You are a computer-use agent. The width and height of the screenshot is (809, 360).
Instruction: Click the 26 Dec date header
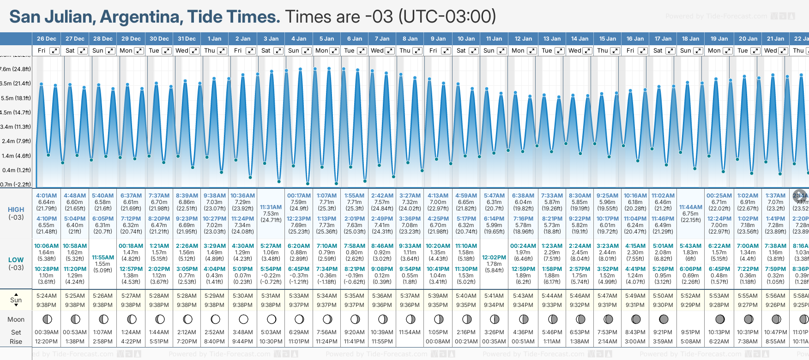(x=46, y=39)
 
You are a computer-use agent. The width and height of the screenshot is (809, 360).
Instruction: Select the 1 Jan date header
(x=214, y=39)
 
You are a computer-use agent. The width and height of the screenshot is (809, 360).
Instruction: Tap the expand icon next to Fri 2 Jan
(x=251, y=51)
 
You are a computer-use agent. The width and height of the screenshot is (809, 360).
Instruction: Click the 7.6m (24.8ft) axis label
(x=16, y=69)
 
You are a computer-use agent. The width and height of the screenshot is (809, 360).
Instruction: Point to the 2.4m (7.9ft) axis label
(x=16, y=141)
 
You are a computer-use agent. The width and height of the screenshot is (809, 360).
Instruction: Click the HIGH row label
(x=16, y=210)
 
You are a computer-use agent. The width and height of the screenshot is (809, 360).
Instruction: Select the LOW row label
(x=16, y=260)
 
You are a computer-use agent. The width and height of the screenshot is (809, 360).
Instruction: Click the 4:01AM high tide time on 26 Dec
(x=46, y=196)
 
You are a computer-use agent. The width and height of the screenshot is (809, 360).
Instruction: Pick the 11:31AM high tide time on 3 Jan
(x=271, y=207)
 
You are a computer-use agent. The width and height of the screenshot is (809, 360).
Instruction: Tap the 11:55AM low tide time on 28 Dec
(x=103, y=258)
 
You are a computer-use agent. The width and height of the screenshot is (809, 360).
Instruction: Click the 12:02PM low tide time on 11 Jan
(x=494, y=258)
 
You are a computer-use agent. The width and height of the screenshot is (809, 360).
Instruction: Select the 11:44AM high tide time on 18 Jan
(x=690, y=207)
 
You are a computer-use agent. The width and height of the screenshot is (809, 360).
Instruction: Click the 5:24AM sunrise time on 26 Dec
(x=46, y=296)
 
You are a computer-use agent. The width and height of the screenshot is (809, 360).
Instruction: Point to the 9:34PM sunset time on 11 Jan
(x=494, y=305)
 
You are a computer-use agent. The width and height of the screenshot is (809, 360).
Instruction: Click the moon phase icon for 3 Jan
(x=271, y=319)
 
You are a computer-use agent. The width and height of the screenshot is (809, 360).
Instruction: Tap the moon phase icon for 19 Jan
(x=719, y=319)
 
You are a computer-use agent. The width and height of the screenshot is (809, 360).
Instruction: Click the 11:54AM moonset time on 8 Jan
(x=410, y=332)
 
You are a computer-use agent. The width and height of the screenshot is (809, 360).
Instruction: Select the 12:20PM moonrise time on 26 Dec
(x=46, y=342)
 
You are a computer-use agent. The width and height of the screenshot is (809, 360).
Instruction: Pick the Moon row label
(x=16, y=319)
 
